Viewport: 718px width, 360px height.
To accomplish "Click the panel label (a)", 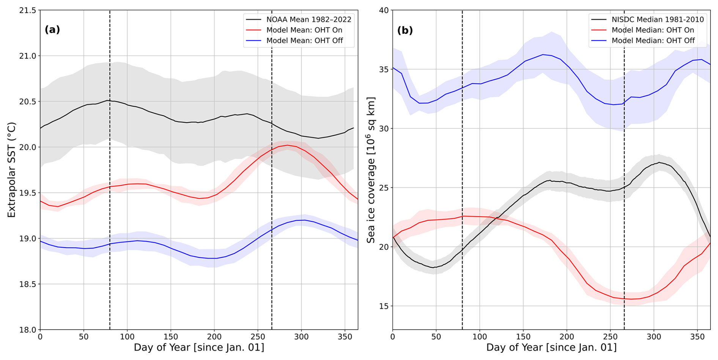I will [52, 30].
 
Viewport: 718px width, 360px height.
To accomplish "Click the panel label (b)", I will [405, 30].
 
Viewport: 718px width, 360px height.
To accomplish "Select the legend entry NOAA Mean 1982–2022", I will [309, 20].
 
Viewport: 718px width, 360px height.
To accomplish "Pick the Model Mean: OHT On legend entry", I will [304, 30].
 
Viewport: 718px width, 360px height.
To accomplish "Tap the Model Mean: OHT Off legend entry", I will [304, 41].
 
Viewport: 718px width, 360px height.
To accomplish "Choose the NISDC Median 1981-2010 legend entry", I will [657, 20].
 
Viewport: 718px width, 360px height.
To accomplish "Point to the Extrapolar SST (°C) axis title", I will [12, 170].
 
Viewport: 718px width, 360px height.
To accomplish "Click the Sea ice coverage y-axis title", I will [370, 170].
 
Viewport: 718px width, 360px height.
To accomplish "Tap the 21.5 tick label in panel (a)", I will [27, 11].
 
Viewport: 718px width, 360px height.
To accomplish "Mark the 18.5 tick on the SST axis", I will [27, 284].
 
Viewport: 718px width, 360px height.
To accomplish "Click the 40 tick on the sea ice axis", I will [384, 11].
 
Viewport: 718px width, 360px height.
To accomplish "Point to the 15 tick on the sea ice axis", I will [384, 306].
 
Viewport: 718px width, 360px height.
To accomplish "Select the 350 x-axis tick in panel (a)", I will [345, 337].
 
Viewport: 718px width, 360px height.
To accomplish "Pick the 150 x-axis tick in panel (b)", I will [523, 337].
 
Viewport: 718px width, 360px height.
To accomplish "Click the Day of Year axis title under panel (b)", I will [551, 347].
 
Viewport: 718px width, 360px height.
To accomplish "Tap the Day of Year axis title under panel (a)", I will [199, 347].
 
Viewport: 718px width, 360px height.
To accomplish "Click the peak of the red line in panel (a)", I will [287, 145].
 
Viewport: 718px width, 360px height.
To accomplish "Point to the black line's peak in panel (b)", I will [659, 162].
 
